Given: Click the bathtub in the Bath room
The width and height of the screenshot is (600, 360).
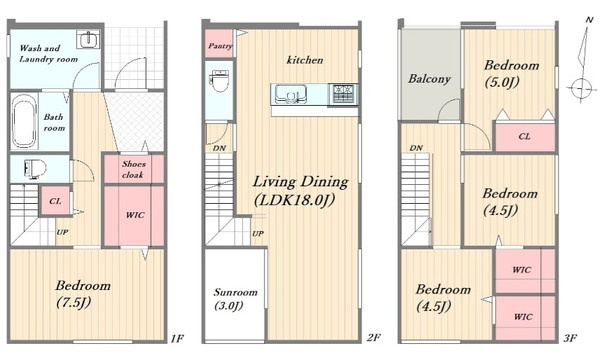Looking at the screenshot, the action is point(24,122).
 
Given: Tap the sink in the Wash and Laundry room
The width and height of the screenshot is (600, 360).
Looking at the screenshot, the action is point(88,39).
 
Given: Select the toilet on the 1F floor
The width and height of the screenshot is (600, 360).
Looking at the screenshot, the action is point(34,169).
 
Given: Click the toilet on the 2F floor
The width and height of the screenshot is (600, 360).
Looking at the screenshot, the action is point(219,80).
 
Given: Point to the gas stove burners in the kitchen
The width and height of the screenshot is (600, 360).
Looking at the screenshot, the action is point(343,93).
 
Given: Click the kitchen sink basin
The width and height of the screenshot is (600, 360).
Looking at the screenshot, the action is point(291,94).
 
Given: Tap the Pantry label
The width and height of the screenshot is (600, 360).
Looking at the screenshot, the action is point(220,46).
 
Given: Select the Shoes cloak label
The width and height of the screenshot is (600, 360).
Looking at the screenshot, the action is point(133,169).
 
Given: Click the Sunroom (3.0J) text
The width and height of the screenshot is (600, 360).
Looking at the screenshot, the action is point(235,299).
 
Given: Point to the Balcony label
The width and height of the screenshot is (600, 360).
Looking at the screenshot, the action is point(429,79).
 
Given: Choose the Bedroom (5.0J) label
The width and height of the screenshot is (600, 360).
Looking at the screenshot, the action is point(511,73).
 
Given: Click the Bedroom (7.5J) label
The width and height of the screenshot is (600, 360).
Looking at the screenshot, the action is point(83,294).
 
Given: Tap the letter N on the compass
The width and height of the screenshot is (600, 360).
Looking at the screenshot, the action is point(589,19).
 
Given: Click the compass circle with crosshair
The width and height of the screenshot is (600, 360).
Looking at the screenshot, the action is point(581,88).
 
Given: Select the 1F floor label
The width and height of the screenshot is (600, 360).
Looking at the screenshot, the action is point(177,338).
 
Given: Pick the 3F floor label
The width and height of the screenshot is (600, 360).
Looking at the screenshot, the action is point(570,338).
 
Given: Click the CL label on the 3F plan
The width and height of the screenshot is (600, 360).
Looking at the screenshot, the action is point(524,136).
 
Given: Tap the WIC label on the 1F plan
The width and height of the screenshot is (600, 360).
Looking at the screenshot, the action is point(135,215).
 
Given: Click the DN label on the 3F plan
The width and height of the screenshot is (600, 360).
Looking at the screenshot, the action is point(416,148).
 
